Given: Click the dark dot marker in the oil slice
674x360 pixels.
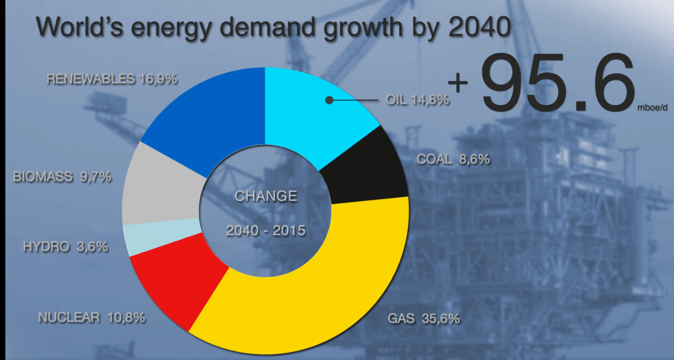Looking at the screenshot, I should click(x=329, y=100).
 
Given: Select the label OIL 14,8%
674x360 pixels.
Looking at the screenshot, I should click(x=417, y=100).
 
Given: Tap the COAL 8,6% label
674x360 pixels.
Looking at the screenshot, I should click(x=453, y=159).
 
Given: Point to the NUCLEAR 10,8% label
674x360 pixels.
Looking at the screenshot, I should click(x=92, y=318).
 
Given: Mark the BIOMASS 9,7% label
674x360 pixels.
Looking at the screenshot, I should click(x=62, y=177).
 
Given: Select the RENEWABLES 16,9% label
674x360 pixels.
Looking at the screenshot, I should click(x=112, y=79).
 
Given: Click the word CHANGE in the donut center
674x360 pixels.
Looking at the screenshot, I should click(x=266, y=196).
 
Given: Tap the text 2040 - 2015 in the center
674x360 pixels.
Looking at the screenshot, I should click(x=266, y=230).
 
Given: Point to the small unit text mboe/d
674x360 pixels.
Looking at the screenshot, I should click(x=654, y=108).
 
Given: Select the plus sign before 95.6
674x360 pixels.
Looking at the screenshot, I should click(x=458, y=83).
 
